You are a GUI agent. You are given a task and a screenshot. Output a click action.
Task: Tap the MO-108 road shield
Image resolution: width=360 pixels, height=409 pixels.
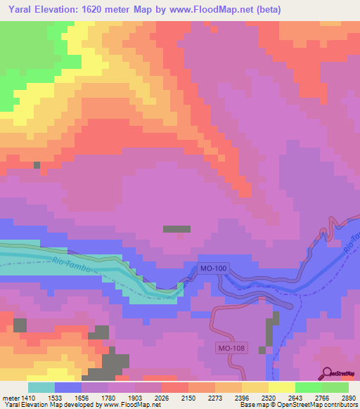[230, 347]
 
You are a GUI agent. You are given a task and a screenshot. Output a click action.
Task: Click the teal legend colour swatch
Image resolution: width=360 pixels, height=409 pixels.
[41, 387]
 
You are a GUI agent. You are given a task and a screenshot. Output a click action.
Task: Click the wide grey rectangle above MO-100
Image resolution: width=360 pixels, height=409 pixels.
[176, 229]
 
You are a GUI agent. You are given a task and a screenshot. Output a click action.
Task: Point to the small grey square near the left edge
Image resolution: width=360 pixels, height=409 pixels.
[37, 165]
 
